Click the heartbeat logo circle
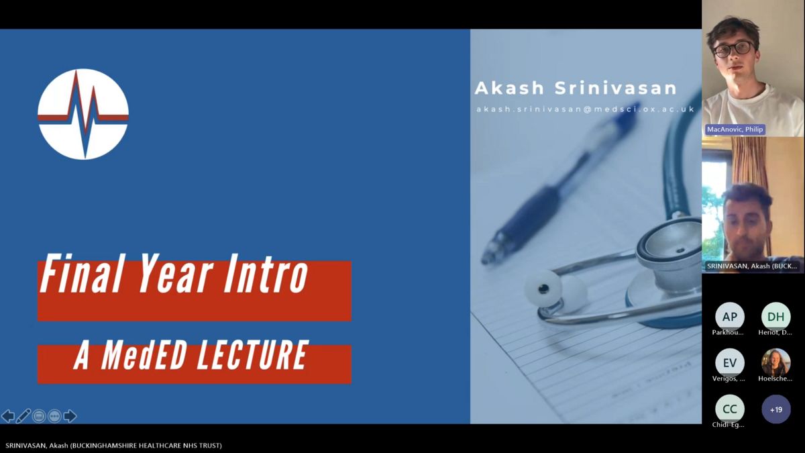tap(83, 114)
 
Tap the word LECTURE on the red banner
tap(254, 356)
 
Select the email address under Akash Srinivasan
tap(586, 109)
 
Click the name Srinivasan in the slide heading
tap(616, 88)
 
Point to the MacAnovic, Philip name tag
tap(735, 130)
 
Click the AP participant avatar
tap(730, 317)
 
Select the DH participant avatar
tap(775, 317)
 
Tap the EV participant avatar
tap(730, 363)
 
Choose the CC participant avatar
tap(730, 409)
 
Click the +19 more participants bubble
tap(776, 409)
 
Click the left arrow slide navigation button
tap(8, 416)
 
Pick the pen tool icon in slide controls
tap(23, 416)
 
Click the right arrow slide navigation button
tap(70, 416)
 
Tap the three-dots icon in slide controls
tap(54, 416)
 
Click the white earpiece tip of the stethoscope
tap(543, 289)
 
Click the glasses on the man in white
tap(734, 49)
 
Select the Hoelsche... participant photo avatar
tap(775, 363)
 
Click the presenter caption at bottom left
tap(113, 446)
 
